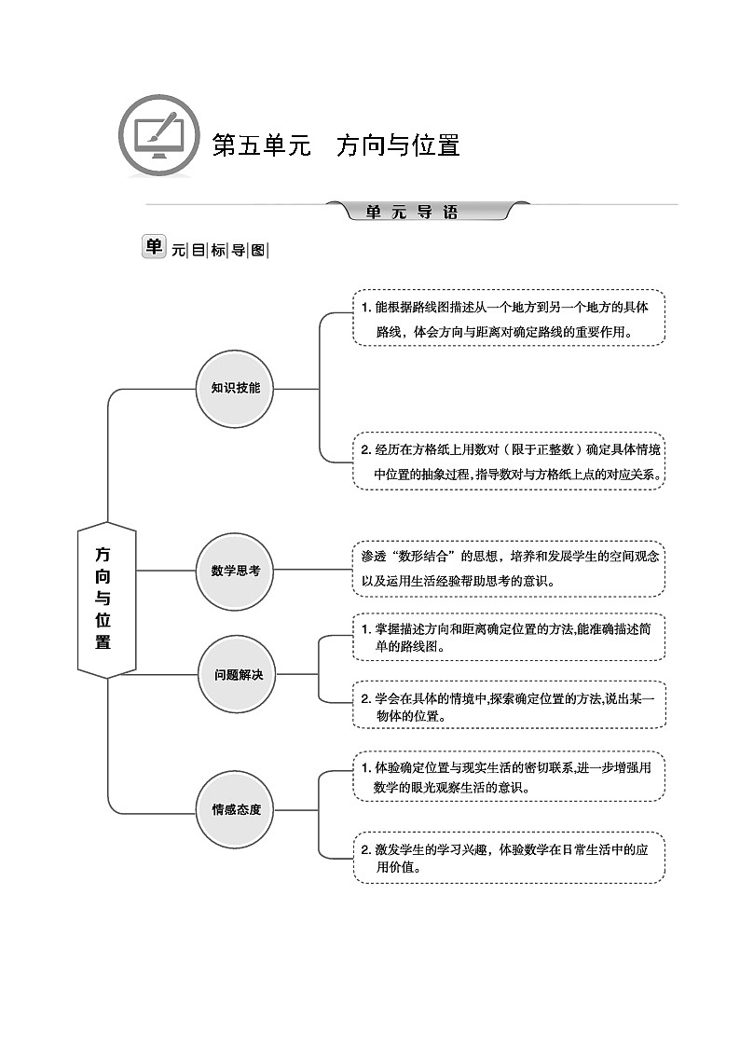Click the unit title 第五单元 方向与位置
tap(336, 145)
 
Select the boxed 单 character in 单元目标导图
tap(153, 247)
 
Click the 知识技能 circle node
tap(235, 388)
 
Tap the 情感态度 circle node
tap(235, 808)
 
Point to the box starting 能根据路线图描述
tap(508, 318)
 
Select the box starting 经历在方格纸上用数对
tap(508, 461)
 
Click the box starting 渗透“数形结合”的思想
tap(508, 569)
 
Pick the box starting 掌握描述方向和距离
tap(508, 638)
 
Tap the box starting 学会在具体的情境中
tap(508, 706)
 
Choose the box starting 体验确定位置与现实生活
tap(508, 776)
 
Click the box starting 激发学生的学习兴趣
tap(508, 857)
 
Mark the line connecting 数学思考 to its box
tap(311, 571)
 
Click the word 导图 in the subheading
tap(249, 250)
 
